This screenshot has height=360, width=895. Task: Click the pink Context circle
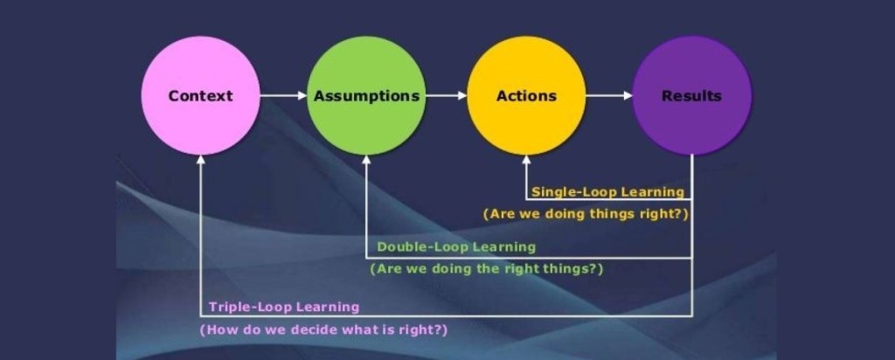tap(201, 96)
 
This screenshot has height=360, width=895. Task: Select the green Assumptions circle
tap(366, 96)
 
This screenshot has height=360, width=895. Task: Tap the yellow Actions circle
tap(526, 96)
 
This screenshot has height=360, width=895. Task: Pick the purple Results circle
tap(691, 96)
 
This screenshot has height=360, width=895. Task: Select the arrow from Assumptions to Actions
tap(446, 96)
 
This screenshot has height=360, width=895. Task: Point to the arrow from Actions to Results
tap(609, 96)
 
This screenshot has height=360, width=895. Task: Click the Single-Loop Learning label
tap(607, 191)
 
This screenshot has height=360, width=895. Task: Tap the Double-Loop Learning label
tap(456, 247)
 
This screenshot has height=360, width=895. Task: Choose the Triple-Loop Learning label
tap(284, 307)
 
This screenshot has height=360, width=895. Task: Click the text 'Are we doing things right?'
tap(584, 213)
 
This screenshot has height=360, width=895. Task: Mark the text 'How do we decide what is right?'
tap(324, 330)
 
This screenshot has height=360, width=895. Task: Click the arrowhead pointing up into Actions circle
tap(526, 161)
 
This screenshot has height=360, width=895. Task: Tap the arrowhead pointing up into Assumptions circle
tap(366, 161)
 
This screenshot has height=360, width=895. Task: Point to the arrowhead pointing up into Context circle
tap(201, 161)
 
